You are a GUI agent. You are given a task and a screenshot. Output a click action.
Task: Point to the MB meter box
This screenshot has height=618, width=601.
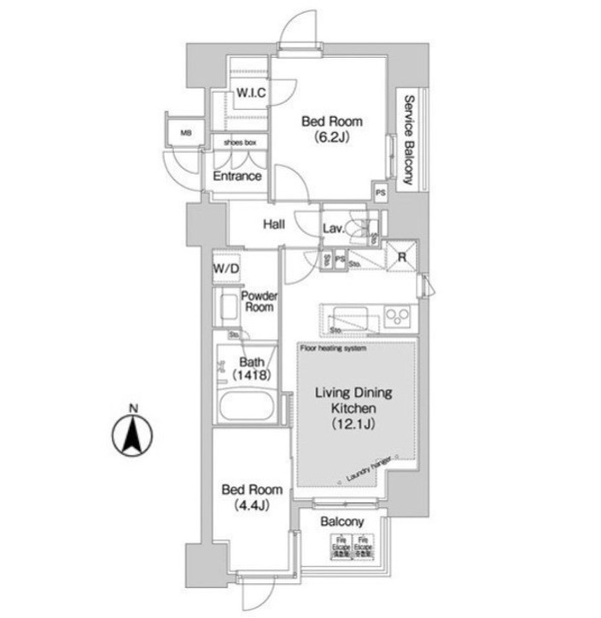[x=185, y=133]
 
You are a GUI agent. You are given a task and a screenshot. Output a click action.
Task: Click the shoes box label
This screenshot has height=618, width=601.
[x=240, y=143]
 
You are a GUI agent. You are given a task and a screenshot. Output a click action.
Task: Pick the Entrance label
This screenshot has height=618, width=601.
[x=236, y=177]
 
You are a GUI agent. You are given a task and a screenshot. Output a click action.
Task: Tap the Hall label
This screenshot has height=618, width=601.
[x=273, y=224]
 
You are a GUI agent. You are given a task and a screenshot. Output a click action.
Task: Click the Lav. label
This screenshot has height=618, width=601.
[x=334, y=228]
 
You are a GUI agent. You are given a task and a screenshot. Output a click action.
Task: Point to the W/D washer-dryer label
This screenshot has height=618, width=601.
[x=227, y=269]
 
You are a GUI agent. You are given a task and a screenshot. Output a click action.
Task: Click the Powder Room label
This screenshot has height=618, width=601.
[x=257, y=301]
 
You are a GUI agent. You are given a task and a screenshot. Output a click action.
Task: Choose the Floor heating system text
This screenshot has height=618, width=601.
[x=333, y=347]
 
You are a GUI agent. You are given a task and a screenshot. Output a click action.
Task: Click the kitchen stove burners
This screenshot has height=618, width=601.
[x=398, y=316]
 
